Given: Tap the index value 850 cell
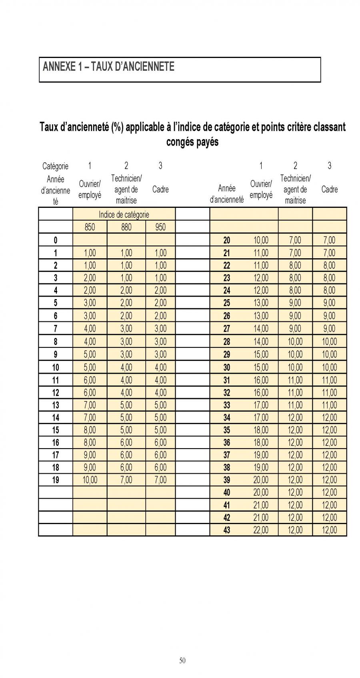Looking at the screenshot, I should click(x=90, y=227).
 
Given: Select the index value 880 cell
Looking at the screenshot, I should click(x=126, y=227).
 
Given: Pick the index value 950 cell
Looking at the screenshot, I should click(x=160, y=227).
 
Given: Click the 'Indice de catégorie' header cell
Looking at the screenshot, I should click(x=124, y=215).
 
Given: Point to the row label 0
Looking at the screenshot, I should click(x=56, y=240).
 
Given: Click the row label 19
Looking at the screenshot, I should click(x=56, y=480).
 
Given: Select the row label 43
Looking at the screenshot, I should click(x=226, y=530).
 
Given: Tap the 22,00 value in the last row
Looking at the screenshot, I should click(x=261, y=530).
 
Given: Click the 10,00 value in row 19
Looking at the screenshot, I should click(x=90, y=480).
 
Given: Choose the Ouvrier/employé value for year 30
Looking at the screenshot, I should click(x=261, y=367).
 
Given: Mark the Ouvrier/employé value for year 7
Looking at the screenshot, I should click(x=90, y=329).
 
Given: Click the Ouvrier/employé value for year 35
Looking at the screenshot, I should click(x=261, y=430).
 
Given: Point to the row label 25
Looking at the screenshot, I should click(x=226, y=303).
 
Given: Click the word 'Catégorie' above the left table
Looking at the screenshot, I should click(x=55, y=166).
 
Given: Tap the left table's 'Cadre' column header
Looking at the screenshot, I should click(x=160, y=189).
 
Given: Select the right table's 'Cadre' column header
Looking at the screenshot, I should click(x=329, y=189).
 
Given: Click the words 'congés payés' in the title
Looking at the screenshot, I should click(x=192, y=142).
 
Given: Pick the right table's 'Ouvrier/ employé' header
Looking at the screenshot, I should click(x=261, y=189).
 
